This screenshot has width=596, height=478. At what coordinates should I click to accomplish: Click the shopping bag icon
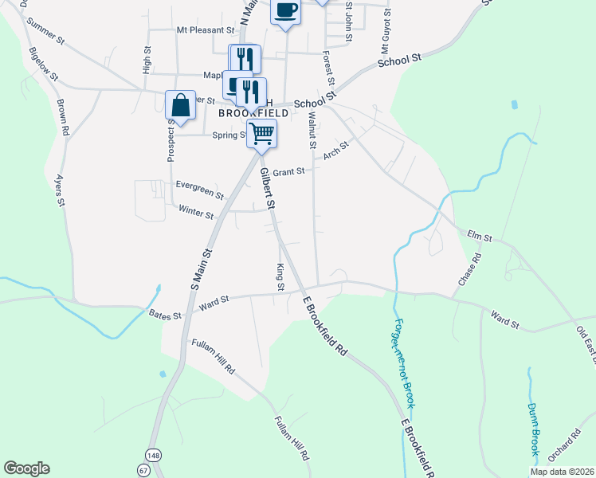[x=181, y=105]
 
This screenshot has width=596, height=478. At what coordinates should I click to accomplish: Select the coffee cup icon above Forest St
[x=285, y=10]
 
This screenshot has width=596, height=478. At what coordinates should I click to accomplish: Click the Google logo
[x=26, y=468]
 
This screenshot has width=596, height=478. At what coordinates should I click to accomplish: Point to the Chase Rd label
[x=470, y=271]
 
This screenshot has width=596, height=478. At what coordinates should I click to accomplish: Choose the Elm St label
[x=480, y=237]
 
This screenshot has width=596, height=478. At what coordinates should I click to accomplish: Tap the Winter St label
[x=196, y=214]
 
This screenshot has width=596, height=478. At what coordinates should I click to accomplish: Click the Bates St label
[x=166, y=315]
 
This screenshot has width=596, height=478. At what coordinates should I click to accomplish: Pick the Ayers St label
[x=60, y=190]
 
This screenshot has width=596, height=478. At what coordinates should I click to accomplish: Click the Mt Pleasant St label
[x=206, y=30]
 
